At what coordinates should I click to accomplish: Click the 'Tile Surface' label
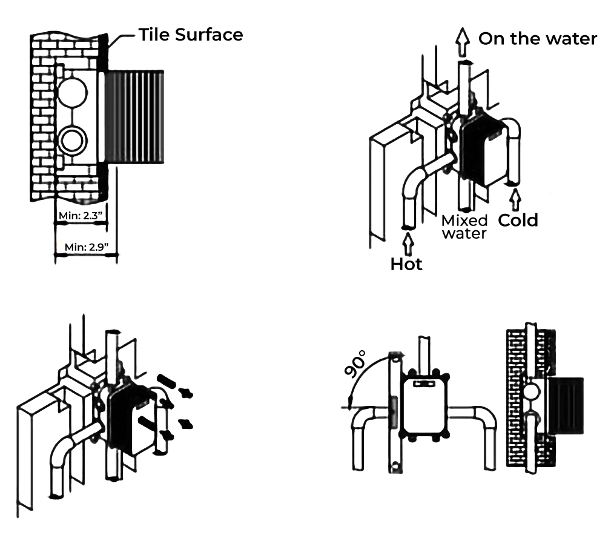coord(191,35)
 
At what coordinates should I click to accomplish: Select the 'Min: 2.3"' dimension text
coord(81,215)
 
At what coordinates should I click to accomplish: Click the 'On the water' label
coord(538,39)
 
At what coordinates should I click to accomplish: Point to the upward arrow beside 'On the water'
coord(463,41)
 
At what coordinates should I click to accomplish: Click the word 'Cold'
coord(518,220)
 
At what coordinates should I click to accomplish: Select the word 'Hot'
coord(406,264)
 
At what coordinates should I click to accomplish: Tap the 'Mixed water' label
coord(464,226)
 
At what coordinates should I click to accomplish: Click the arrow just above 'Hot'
coord(408,243)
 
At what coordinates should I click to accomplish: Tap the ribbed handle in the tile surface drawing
coord(134,116)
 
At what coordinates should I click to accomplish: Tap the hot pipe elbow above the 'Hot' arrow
coord(415,185)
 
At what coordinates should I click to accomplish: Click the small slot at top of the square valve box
coord(424,383)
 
